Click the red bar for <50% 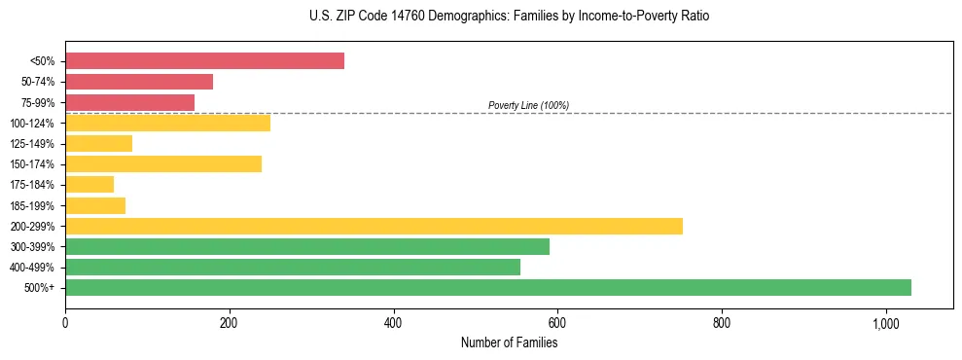coord(204,61)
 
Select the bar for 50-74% coord(139,82)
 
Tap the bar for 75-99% coord(129,102)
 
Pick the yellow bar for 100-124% coord(167,123)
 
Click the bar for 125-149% coord(98,144)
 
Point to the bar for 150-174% coord(163,164)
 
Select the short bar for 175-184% coord(89,185)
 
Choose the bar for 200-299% coord(374,226)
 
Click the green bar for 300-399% coord(307,246)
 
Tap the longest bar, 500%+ coord(488,287)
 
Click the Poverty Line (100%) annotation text coord(528,105)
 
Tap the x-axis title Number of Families coord(509,342)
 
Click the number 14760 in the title coord(399,17)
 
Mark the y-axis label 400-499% coord(32,268)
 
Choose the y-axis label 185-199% coord(32,205)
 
